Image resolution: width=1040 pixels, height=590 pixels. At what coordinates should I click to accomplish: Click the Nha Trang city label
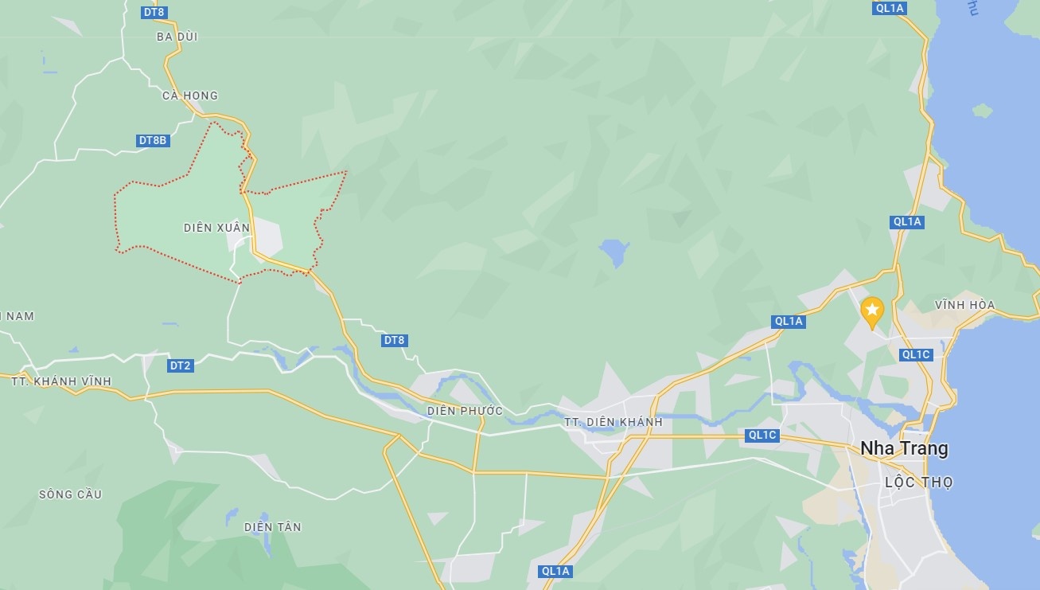click(904, 448)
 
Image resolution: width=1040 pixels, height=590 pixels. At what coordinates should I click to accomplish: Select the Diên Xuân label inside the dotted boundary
click(216, 228)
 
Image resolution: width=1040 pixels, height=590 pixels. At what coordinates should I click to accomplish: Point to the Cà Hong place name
click(189, 96)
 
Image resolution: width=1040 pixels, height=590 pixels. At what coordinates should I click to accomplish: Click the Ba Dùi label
click(177, 37)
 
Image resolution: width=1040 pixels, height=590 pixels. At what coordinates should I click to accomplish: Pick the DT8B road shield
click(153, 141)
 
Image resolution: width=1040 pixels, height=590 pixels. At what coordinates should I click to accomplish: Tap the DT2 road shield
click(181, 365)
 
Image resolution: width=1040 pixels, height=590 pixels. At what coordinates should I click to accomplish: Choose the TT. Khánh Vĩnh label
click(61, 381)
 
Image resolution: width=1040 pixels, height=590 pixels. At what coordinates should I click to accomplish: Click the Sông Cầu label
click(70, 494)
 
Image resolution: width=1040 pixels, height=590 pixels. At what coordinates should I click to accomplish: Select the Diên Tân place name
click(273, 527)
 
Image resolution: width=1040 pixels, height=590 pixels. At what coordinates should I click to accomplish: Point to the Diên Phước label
click(465, 411)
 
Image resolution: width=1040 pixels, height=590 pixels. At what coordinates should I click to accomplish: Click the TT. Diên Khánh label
click(613, 422)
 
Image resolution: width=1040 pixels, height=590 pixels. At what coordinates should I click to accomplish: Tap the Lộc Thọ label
click(919, 483)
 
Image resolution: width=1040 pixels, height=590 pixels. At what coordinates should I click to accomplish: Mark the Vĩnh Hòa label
click(964, 305)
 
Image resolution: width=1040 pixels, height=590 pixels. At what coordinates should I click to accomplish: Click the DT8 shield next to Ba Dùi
click(154, 12)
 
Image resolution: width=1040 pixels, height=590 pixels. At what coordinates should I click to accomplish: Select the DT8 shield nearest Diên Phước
click(395, 341)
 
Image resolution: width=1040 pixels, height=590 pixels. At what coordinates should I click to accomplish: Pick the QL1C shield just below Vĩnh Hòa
click(915, 355)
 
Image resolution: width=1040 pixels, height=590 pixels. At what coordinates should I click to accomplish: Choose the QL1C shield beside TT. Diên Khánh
click(762, 436)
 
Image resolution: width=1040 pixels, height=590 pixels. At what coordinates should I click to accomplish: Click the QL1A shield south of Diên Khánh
click(555, 571)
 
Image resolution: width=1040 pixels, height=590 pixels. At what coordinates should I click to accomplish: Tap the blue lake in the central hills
click(614, 252)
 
